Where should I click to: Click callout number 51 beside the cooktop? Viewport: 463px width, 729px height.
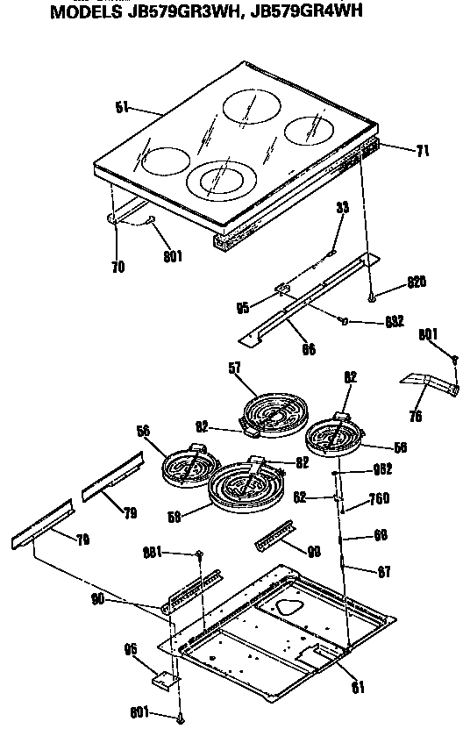coord(122,107)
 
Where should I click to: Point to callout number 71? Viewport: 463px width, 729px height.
coord(422,151)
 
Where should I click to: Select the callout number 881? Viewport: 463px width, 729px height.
coord(153,552)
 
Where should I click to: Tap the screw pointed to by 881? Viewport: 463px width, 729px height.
coord(200,554)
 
